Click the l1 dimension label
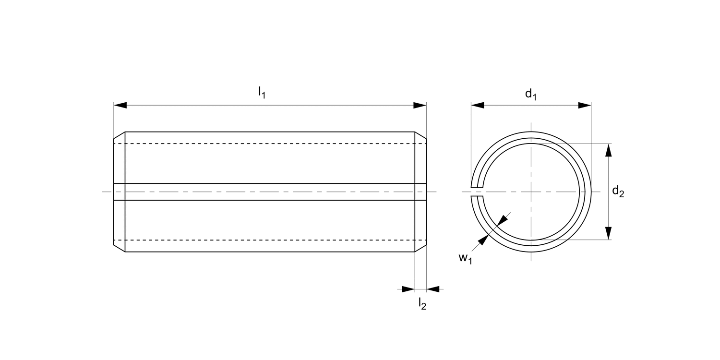point(262,92)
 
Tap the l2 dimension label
point(422,304)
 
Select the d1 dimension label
point(530,94)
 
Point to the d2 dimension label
point(618,192)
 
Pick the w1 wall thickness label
point(465,258)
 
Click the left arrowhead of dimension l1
point(120,105)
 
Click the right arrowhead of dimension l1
point(420,105)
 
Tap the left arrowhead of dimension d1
point(477,105)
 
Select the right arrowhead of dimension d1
point(585,105)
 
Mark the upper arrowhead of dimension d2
point(609,150)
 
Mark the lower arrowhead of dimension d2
point(609,233)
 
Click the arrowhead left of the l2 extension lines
point(408,289)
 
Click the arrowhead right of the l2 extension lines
point(433,289)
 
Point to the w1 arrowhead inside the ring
point(502,219)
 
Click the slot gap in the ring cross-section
point(477,192)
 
